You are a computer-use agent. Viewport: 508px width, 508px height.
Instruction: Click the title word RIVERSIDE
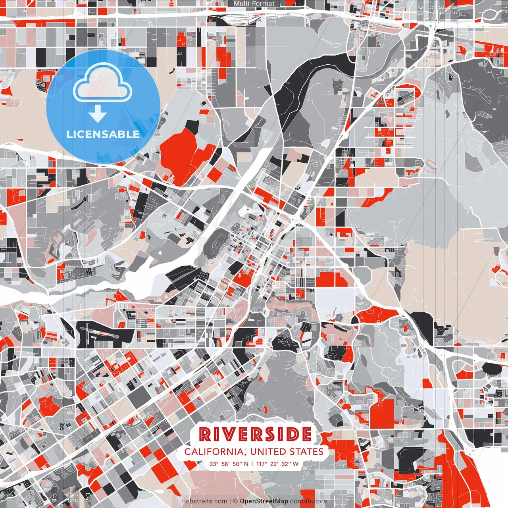point(255,435)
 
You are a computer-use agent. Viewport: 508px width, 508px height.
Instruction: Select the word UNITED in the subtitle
point(267,452)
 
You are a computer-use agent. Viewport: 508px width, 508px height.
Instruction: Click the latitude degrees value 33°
point(214,464)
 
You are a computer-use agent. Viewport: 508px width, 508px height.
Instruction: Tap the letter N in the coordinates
point(246,464)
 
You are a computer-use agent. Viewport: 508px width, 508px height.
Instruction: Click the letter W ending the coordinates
point(295,464)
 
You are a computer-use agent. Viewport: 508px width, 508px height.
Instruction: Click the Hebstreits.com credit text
point(204,501)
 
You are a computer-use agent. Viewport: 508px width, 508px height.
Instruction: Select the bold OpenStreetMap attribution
point(264,501)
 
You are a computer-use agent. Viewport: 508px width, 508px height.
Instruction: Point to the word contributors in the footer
point(308,501)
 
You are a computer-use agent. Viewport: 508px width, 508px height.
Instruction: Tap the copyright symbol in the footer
point(235,501)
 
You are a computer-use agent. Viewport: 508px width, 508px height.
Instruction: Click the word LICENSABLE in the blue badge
point(103,134)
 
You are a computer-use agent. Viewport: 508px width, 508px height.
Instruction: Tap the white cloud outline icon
point(103,83)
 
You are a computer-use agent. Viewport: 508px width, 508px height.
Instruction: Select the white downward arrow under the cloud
point(98,115)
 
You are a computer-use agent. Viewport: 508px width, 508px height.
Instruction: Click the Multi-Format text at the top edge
point(254,4)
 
